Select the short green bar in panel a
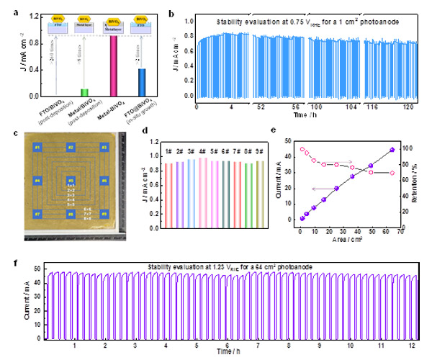pyautogui.click(x=84, y=93)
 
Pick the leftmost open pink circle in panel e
pyautogui.click(x=302, y=150)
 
